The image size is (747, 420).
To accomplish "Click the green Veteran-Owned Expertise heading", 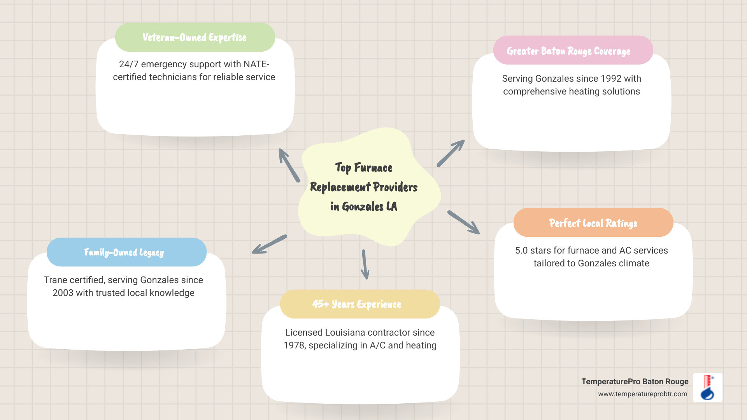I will click(195, 37).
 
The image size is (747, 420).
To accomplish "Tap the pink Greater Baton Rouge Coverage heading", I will click(568, 51).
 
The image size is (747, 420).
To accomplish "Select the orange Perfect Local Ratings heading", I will click(593, 223).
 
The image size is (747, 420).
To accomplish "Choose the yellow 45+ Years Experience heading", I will click(356, 304).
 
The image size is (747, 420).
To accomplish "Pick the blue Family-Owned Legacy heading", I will click(124, 252).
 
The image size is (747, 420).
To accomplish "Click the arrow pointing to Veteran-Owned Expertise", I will click(289, 165).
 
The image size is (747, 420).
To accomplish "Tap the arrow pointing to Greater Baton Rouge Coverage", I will click(451, 154).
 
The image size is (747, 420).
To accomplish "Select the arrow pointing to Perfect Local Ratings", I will click(463, 222).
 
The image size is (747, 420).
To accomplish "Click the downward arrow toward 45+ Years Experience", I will click(365, 264).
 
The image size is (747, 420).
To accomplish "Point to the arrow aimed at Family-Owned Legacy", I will click(269, 244).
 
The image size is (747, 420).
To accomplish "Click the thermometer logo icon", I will click(708, 387).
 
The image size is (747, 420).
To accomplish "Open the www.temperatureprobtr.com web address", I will click(642, 394).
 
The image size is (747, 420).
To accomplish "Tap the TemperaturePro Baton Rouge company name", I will click(635, 381).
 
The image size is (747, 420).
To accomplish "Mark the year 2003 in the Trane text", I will click(63, 293).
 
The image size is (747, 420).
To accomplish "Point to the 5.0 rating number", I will click(521, 250).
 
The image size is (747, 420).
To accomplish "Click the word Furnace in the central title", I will click(373, 168).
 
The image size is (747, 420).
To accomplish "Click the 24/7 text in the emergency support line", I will click(128, 64).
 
